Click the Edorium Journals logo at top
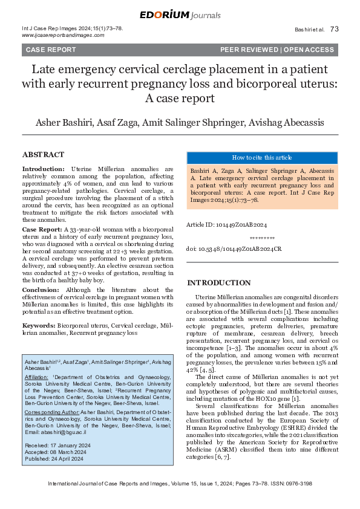point(180,15)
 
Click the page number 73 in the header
point(335,29)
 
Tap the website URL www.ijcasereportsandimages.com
point(63,36)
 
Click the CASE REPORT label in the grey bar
point(50,50)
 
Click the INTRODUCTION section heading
point(218,283)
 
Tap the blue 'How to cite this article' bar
point(261,157)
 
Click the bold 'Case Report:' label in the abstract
point(42,230)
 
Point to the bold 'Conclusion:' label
point(41,290)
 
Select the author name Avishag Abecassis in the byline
point(286,123)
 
